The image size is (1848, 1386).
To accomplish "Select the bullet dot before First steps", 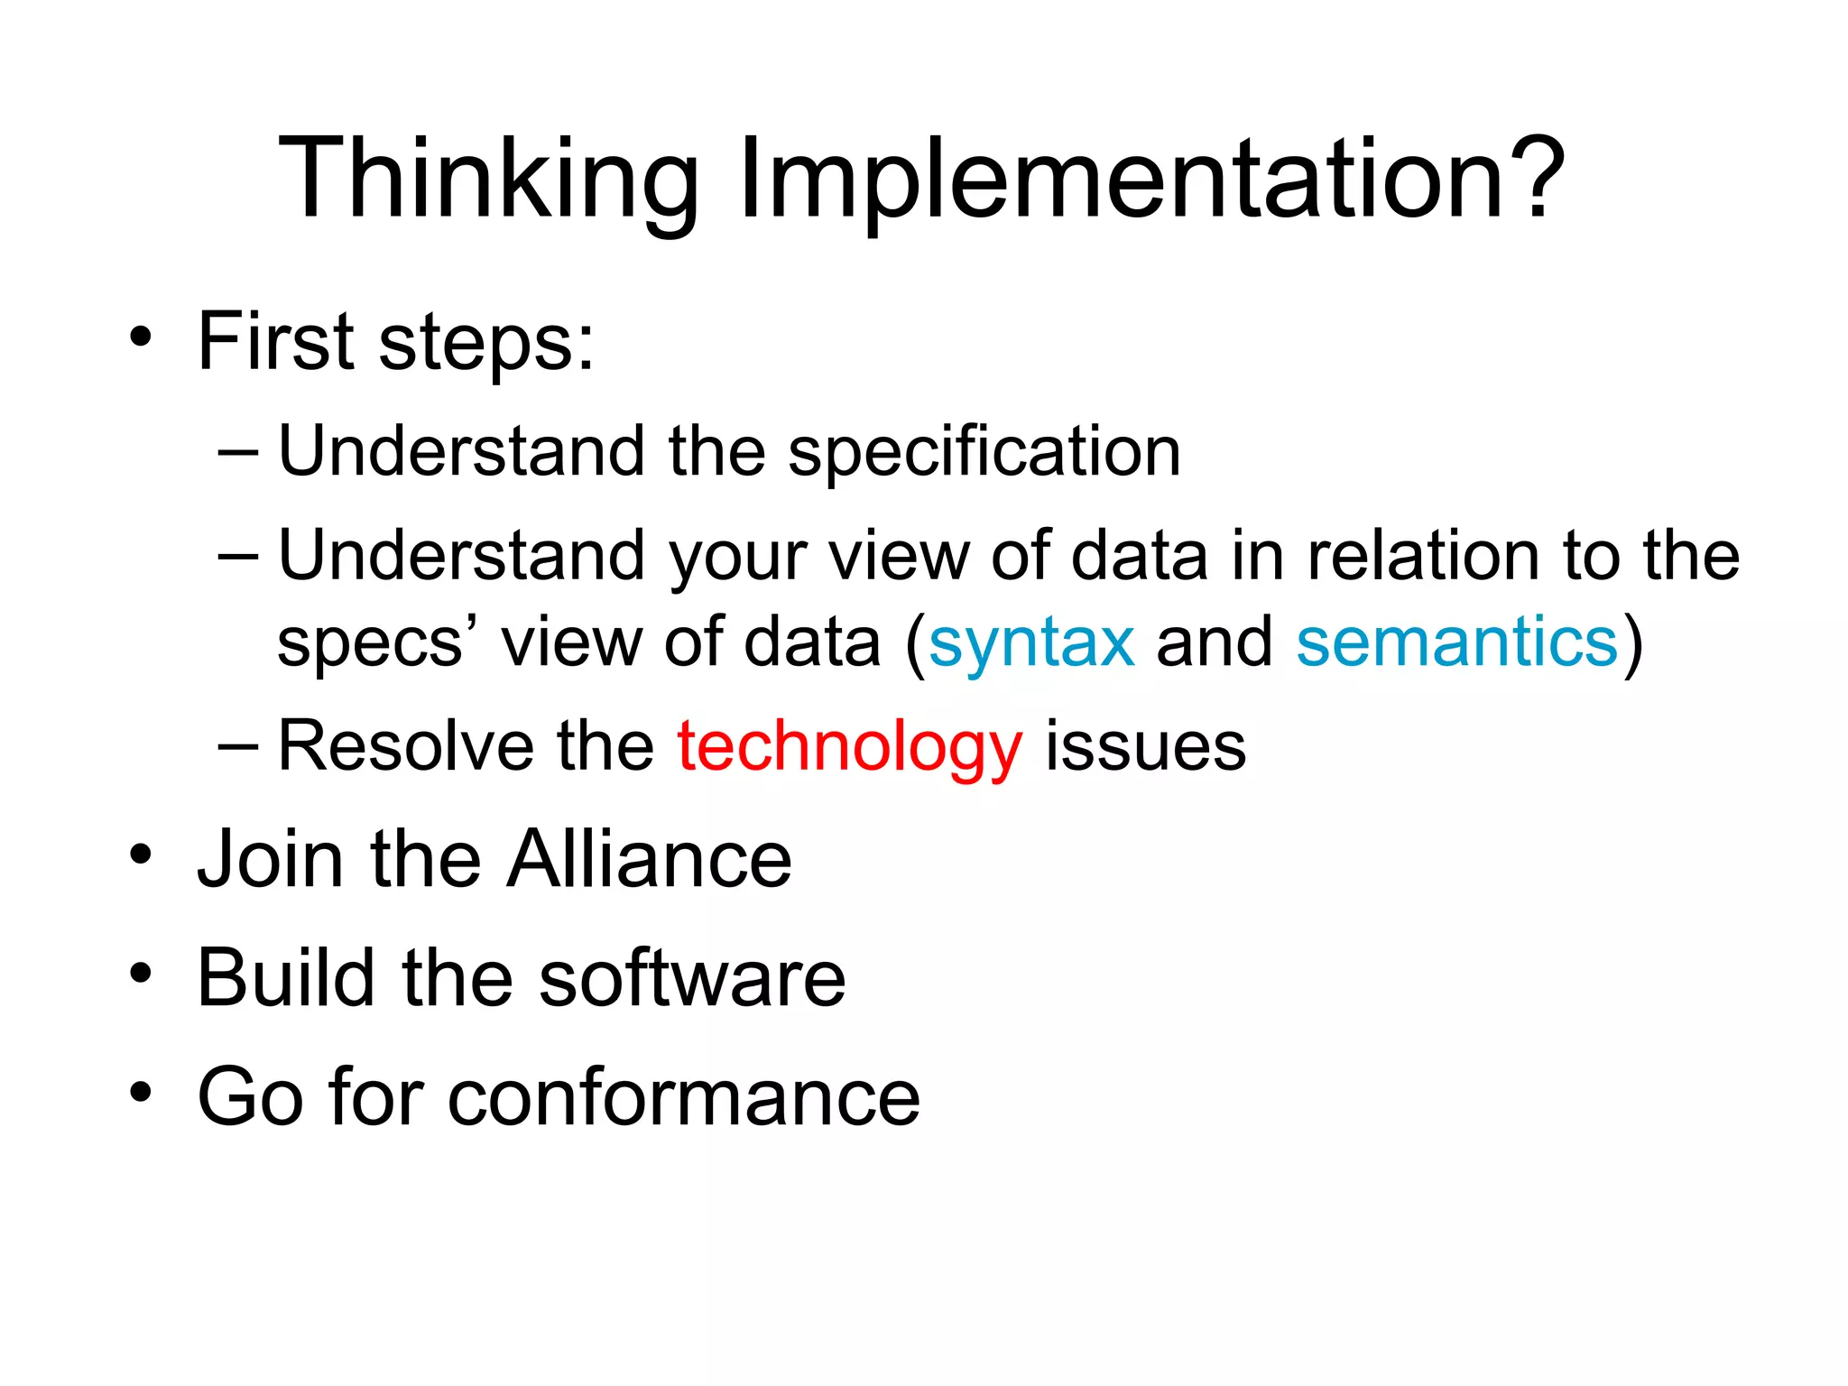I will pyautogui.click(x=140, y=338).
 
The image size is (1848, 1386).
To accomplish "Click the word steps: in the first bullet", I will pyautogui.click(x=487, y=343).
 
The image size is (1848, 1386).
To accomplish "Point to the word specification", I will pyautogui.click(x=984, y=451).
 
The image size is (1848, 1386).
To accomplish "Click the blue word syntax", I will pyautogui.click(x=1031, y=642).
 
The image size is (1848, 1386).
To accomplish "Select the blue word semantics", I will pyautogui.click(x=1457, y=642).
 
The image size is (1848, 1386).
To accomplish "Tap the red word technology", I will pyautogui.click(x=849, y=747).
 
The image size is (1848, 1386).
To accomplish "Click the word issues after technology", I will pyautogui.click(x=1145, y=747).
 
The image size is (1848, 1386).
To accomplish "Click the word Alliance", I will pyautogui.click(x=649, y=859).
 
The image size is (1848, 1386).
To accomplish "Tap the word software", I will pyautogui.click(x=692, y=978).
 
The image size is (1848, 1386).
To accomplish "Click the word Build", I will pyautogui.click(x=285, y=978).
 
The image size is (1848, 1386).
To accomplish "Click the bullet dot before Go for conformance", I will pyautogui.click(x=140, y=1093).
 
